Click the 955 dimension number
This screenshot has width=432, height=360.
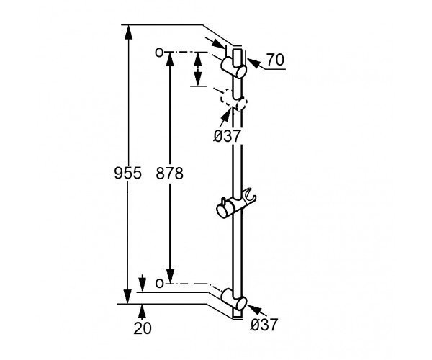(128, 174)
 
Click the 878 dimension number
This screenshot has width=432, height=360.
(169, 174)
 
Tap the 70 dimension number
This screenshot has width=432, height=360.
(275, 60)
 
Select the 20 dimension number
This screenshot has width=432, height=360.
(143, 328)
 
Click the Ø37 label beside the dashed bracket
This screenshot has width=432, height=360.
(228, 135)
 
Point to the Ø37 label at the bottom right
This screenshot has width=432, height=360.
(264, 325)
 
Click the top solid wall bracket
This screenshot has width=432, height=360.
(233, 68)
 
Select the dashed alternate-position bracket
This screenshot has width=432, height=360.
(233, 99)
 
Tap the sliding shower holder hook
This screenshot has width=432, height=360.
(250, 194)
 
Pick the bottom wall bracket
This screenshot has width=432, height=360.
(233, 299)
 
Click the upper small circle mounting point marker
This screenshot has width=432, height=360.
(159, 52)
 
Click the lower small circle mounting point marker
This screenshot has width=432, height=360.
(159, 283)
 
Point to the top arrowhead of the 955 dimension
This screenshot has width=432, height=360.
(127, 32)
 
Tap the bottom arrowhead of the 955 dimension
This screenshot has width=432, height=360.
(127, 297)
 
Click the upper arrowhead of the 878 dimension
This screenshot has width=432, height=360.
(170, 59)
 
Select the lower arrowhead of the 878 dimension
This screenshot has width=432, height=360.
(170, 276)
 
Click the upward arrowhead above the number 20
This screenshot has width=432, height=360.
(142, 312)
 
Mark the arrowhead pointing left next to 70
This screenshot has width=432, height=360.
(253, 63)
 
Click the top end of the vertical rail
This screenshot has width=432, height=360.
(238, 49)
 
